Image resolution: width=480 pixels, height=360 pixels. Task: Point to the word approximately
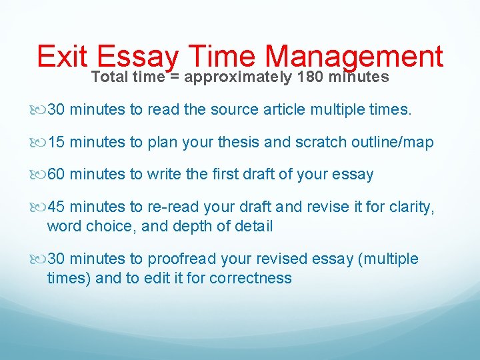point(238,77)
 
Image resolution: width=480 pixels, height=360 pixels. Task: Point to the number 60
point(57,175)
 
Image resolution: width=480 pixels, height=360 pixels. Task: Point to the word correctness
point(251,277)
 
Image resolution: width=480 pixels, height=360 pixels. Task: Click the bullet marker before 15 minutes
point(42,143)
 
